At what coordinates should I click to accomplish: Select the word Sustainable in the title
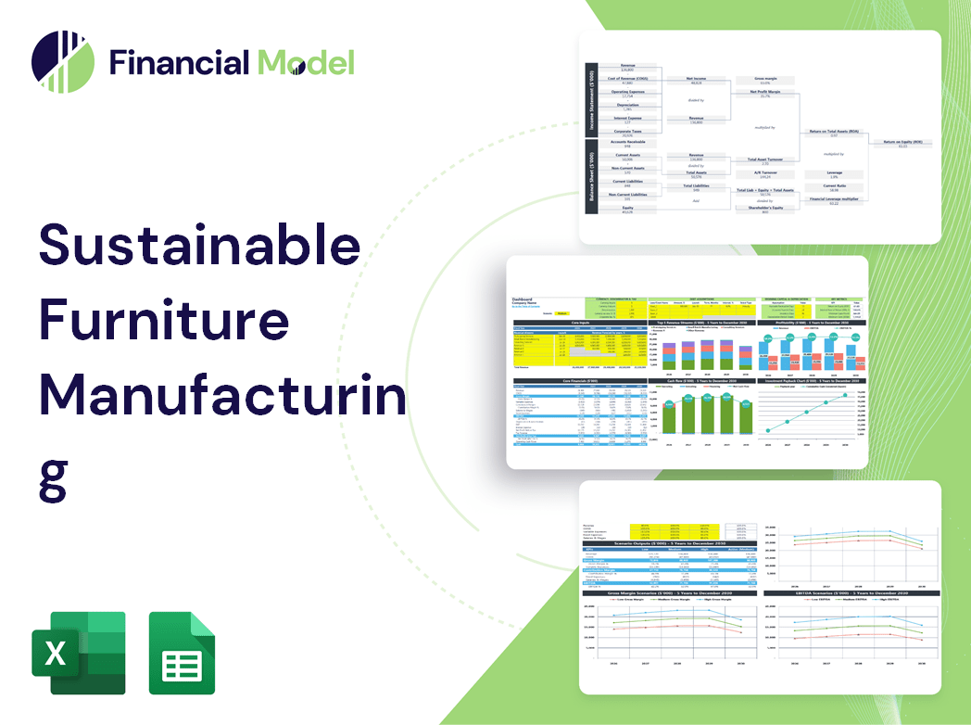(199, 246)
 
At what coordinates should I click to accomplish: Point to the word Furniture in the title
(164, 321)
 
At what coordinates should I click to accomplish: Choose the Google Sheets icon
(182, 653)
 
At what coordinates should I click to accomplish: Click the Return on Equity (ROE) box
(902, 143)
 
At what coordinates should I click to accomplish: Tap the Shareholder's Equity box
(764, 210)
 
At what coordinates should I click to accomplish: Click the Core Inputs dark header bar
(581, 323)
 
